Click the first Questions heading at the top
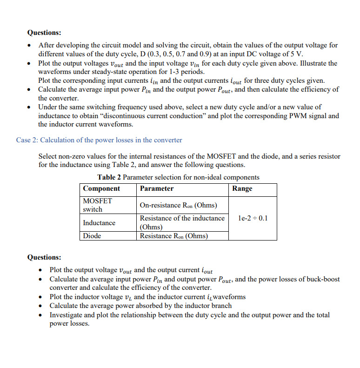click(44, 33)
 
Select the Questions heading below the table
click(44, 257)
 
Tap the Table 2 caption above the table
click(178, 177)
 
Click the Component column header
click(101, 188)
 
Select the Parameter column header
click(157, 188)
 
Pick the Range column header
click(242, 188)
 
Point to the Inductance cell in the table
click(99, 223)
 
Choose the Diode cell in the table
click(92, 236)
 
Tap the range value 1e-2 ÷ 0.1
click(253, 218)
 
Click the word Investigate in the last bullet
click(68, 315)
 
